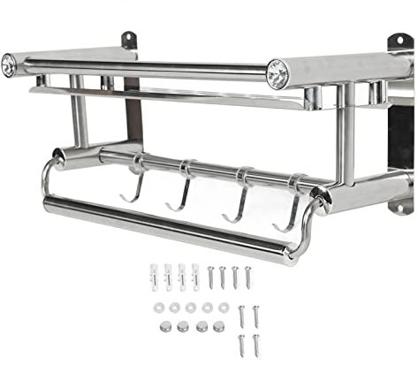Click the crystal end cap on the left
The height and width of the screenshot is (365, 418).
9,65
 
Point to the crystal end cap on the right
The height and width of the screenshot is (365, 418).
277,72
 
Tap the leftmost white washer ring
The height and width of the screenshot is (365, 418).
159,308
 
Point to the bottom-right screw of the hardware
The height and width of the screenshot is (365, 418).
255,343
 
